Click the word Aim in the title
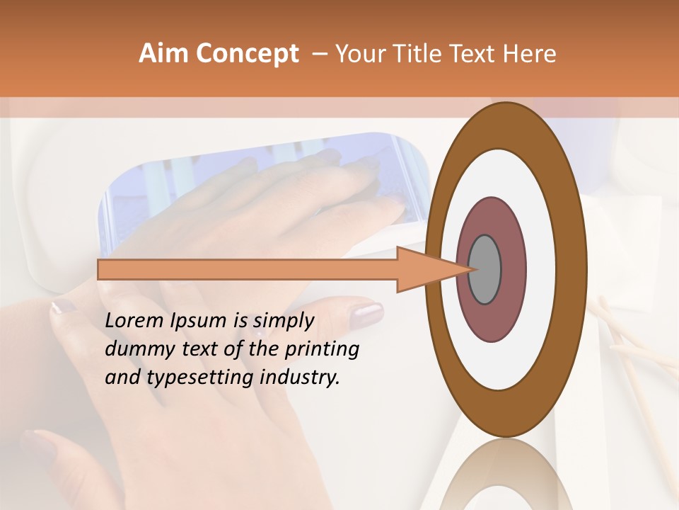click(x=164, y=54)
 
